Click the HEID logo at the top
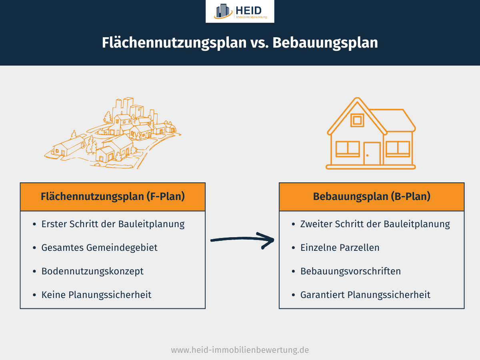click(x=240, y=11)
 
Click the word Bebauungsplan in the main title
click(x=325, y=43)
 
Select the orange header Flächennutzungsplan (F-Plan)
click(x=112, y=197)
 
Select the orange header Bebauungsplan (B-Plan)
click(x=372, y=197)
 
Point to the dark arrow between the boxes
click(x=242, y=240)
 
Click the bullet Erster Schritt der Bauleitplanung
click(x=113, y=224)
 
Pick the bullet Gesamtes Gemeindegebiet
click(x=99, y=248)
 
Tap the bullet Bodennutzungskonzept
click(x=92, y=271)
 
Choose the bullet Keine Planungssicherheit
click(x=96, y=295)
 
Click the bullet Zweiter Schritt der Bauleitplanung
click(x=375, y=224)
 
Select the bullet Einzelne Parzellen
click(x=340, y=248)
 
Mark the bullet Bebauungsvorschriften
click(x=350, y=271)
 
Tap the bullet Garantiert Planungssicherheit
click(x=365, y=295)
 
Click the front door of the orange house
click(x=372, y=153)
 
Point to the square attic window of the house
click(x=357, y=120)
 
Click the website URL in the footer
click(x=240, y=350)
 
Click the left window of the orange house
click(x=348, y=148)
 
